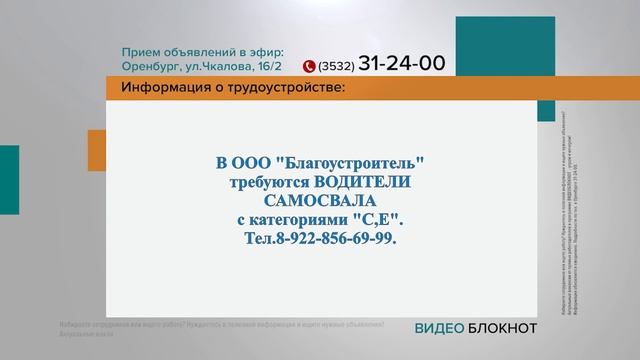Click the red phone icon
pyautogui.click(x=309, y=67)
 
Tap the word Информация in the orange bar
pyautogui.click(x=159, y=88)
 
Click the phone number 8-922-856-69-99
pyautogui.click(x=333, y=240)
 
